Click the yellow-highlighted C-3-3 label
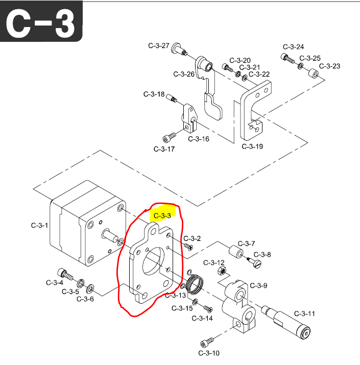pyautogui.click(x=162, y=216)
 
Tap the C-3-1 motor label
pyautogui.click(x=39, y=225)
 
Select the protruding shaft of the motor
pyautogui.click(x=110, y=235)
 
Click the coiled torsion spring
pyautogui.click(x=195, y=283)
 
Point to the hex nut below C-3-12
pyautogui.click(x=222, y=271)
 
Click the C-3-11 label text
pyautogui.click(x=304, y=313)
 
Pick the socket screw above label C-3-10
pyautogui.click(x=207, y=343)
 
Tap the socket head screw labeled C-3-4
pyautogui.click(x=65, y=274)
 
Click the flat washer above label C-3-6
pyautogui.click(x=90, y=289)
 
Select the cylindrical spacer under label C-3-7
pyautogui.click(x=236, y=252)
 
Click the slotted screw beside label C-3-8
pyautogui.click(x=254, y=262)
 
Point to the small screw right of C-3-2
pyautogui.click(x=189, y=247)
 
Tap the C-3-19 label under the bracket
pyautogui.click(x=252, y=147)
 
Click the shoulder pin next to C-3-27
pyautogui.click(x=179, y=49)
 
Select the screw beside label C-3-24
pyautogui.click(x=287, y=58)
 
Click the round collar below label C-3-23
pyautogui.click(x=314, y=74)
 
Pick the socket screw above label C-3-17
pyautogui.click(x=170, y=137)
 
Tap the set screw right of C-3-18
pyautogui.click(x=172, y=98)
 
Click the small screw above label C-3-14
pyautogui.click(x=208, y=308)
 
